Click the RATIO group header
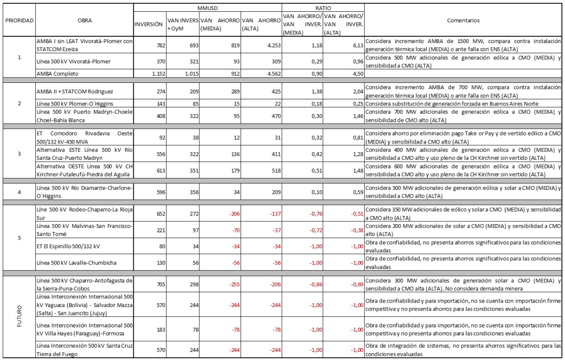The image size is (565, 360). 323,8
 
